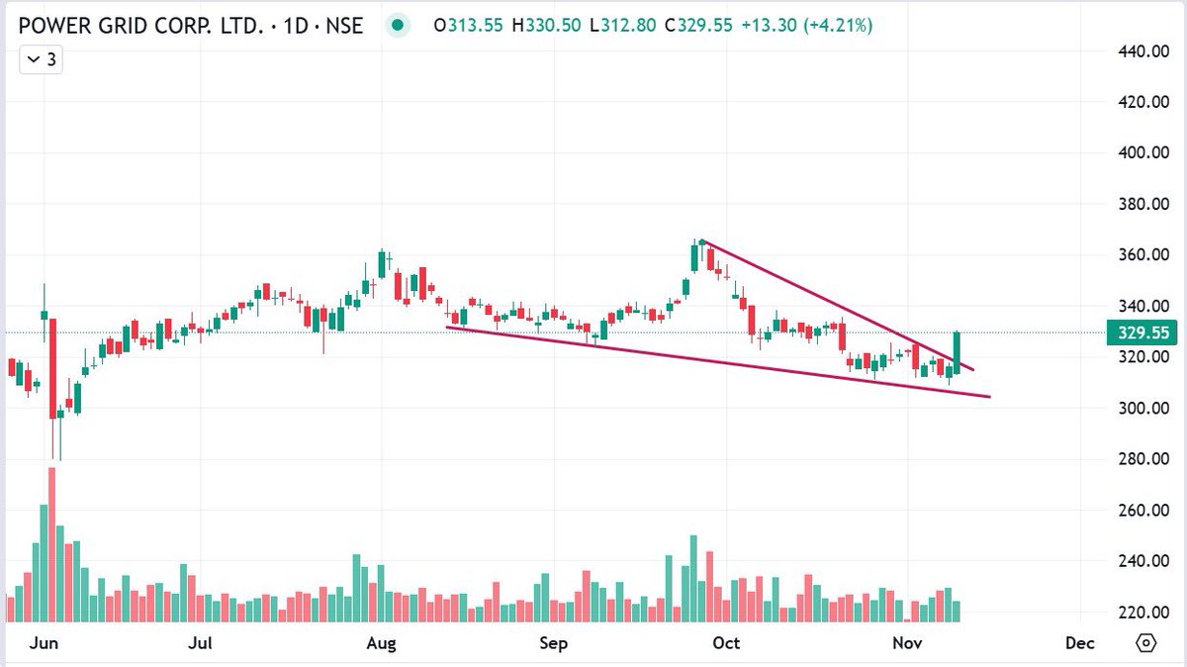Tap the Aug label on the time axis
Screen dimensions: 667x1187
pyautogui.click(x=381, y=644)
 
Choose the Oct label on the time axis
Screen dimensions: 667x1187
pyautogui.click(x=726, y=644)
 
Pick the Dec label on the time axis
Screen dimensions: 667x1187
pyautogui.click(x=1080, y=644)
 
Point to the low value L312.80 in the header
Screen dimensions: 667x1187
pyautogui.click(x=625, y=27)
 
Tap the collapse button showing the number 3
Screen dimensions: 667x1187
pyautogui.click(x=41, y=60)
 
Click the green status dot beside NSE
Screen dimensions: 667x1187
pyautogui.click(x=397, y=27)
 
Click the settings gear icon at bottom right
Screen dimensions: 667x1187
pyautogui.click(x=1145, y=643)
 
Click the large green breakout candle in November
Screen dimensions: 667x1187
pyautogui.click(x=958, y=351)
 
